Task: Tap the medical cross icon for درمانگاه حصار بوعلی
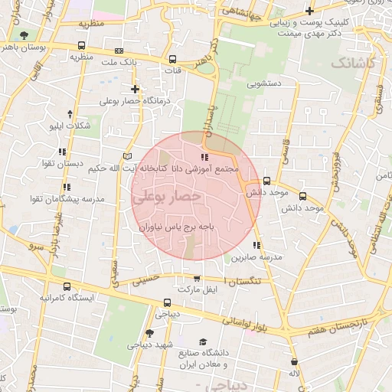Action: (135, 89)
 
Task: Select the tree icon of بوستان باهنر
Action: (24, 35)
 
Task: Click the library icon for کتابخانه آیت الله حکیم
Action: (127, 156)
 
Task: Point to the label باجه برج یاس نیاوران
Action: (181, 227)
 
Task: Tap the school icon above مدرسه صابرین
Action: (257, 246)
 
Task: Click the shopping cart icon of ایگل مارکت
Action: (197, 279)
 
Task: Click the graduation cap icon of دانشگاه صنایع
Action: (203, 341)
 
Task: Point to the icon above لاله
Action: (294, 361)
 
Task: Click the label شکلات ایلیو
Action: (70, 125)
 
